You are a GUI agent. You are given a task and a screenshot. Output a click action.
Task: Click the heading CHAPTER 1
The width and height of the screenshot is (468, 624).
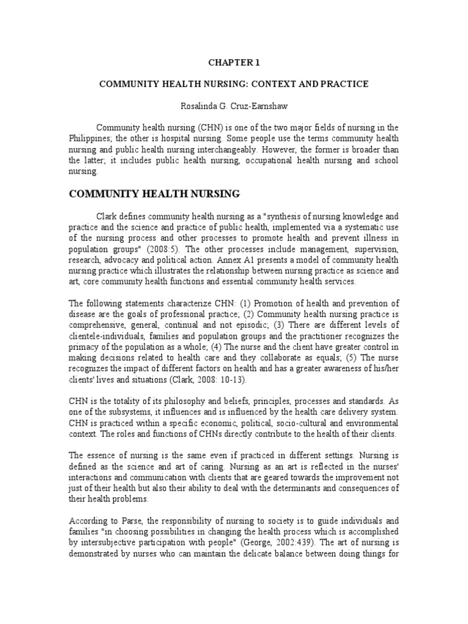pyautogui.click(x=233, y=62)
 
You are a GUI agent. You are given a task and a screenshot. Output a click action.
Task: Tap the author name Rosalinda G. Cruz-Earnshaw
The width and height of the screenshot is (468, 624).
pyautogui.click(x=233, y=105)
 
